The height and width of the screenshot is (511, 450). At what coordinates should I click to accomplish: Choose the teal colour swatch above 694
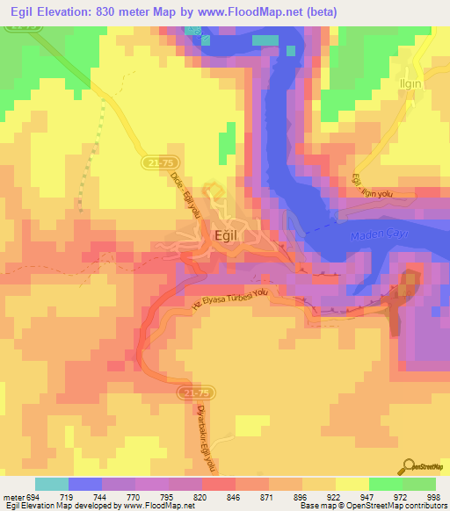pyautogui.click(x=51, y=484)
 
